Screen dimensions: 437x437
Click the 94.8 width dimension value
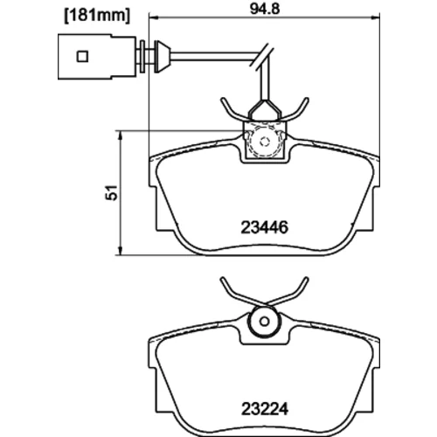click(x=265, y=9)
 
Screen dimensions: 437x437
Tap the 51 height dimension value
click(x=112, y=192)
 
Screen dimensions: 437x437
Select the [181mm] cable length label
click(x=97, y=16)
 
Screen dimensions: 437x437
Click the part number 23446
click(x=265, y=227)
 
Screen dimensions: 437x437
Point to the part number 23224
click(x=265, y=409)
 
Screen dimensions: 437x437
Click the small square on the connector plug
click(x=82, y=56)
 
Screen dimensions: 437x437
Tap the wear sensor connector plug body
click(x=97, y=57)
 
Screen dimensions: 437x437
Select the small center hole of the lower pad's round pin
click(x=265, y=322)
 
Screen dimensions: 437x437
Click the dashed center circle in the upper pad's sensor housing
click(x=265, y=142)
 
